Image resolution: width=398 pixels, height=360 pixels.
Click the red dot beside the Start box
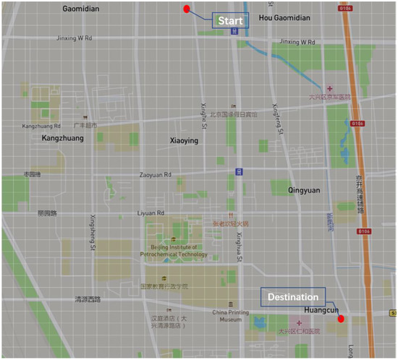coord(187,9)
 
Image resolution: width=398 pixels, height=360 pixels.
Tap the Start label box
coord(230,21)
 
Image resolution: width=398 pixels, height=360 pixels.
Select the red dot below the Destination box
coord(341,318)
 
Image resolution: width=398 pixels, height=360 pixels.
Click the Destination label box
coord(293,296)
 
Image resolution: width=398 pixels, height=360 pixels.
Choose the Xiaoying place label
coord(184,141)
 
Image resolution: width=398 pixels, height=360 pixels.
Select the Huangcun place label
coord(321,310)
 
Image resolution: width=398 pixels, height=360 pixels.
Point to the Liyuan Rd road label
coord(151,213)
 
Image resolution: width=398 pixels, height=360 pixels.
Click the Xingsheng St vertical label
coord(93,232)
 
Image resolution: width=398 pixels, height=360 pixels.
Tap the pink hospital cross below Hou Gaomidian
coord(330,88)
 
